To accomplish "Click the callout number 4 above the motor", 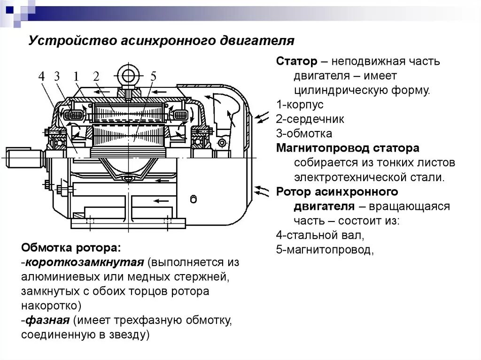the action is click(42, 77).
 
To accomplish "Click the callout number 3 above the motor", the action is click(57, 77).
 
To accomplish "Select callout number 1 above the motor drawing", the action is click(76, 77).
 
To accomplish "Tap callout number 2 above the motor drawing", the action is click(96, 77).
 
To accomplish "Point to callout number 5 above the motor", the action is click(153, 77).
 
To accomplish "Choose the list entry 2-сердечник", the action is click(310, 119).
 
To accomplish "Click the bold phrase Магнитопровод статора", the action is click(348, 148).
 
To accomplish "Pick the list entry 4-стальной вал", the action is click(320, 235).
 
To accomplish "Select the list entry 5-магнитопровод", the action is click(325, 250).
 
